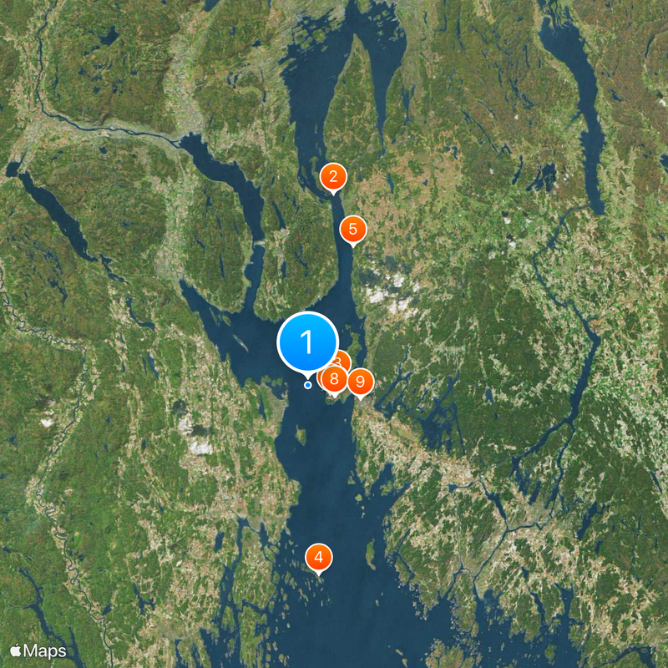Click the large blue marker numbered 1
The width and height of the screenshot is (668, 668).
306,342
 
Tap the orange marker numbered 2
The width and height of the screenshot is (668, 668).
333,176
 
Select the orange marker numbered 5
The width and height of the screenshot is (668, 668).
353,228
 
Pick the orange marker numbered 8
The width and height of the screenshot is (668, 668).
334,379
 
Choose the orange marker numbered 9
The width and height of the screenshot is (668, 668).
360,382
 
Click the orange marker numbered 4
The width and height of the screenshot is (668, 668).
319,556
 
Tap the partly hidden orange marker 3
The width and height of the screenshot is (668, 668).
341,361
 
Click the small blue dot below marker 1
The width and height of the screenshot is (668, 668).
308,385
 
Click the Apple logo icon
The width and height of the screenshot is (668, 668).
16,649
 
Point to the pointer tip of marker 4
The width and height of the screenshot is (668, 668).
319,574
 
